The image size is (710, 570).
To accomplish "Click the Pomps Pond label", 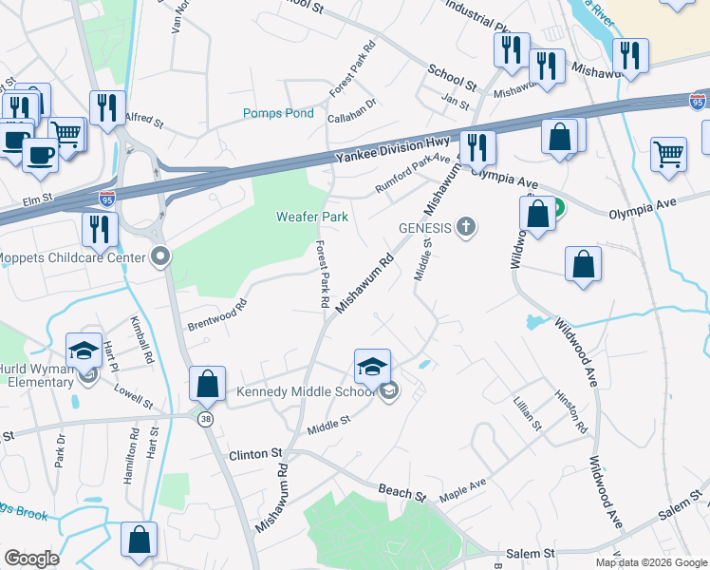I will click(x=278, y=113).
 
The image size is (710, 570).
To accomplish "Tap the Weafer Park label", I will click(x=311, y=217).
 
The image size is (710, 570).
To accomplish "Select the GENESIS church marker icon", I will click(x=465, y=226).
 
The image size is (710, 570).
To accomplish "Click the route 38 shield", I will click(x=204, y=418).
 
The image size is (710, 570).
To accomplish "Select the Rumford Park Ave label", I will click(x=412, y=174).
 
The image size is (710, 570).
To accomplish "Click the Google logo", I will click(x=31, y=559).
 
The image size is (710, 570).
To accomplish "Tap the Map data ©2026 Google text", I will click(x=650, y=562).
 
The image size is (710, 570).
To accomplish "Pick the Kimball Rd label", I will click(x=140, y=341).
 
